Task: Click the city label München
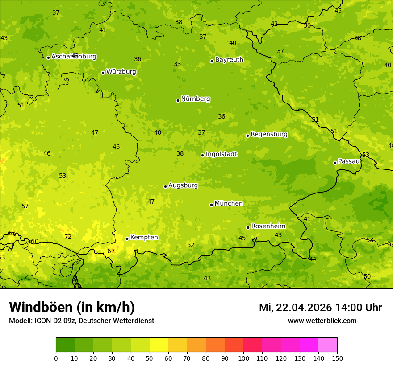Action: [229, 204]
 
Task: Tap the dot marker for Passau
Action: [335, 163]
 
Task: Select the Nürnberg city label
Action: [196, 99]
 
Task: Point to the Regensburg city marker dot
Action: [247, 136]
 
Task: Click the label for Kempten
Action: [144, 238]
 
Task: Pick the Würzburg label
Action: [121, 72]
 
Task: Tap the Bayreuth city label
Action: [229, 60]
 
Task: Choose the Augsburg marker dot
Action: [165, 186]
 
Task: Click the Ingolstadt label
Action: [221, 154]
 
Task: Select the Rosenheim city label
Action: [268, 226]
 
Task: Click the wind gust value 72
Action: [68, 237]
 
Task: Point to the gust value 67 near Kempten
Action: [111, 251]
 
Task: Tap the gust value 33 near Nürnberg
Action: [177, 64]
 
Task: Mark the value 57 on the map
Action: [25, 206]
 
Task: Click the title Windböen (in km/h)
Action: [72, 307]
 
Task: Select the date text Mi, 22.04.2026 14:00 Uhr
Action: [320, 308]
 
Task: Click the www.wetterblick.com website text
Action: [322, 321]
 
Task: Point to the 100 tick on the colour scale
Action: [243, 358]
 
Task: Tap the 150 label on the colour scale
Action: [337, 358]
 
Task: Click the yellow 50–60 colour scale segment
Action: [159, 345]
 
